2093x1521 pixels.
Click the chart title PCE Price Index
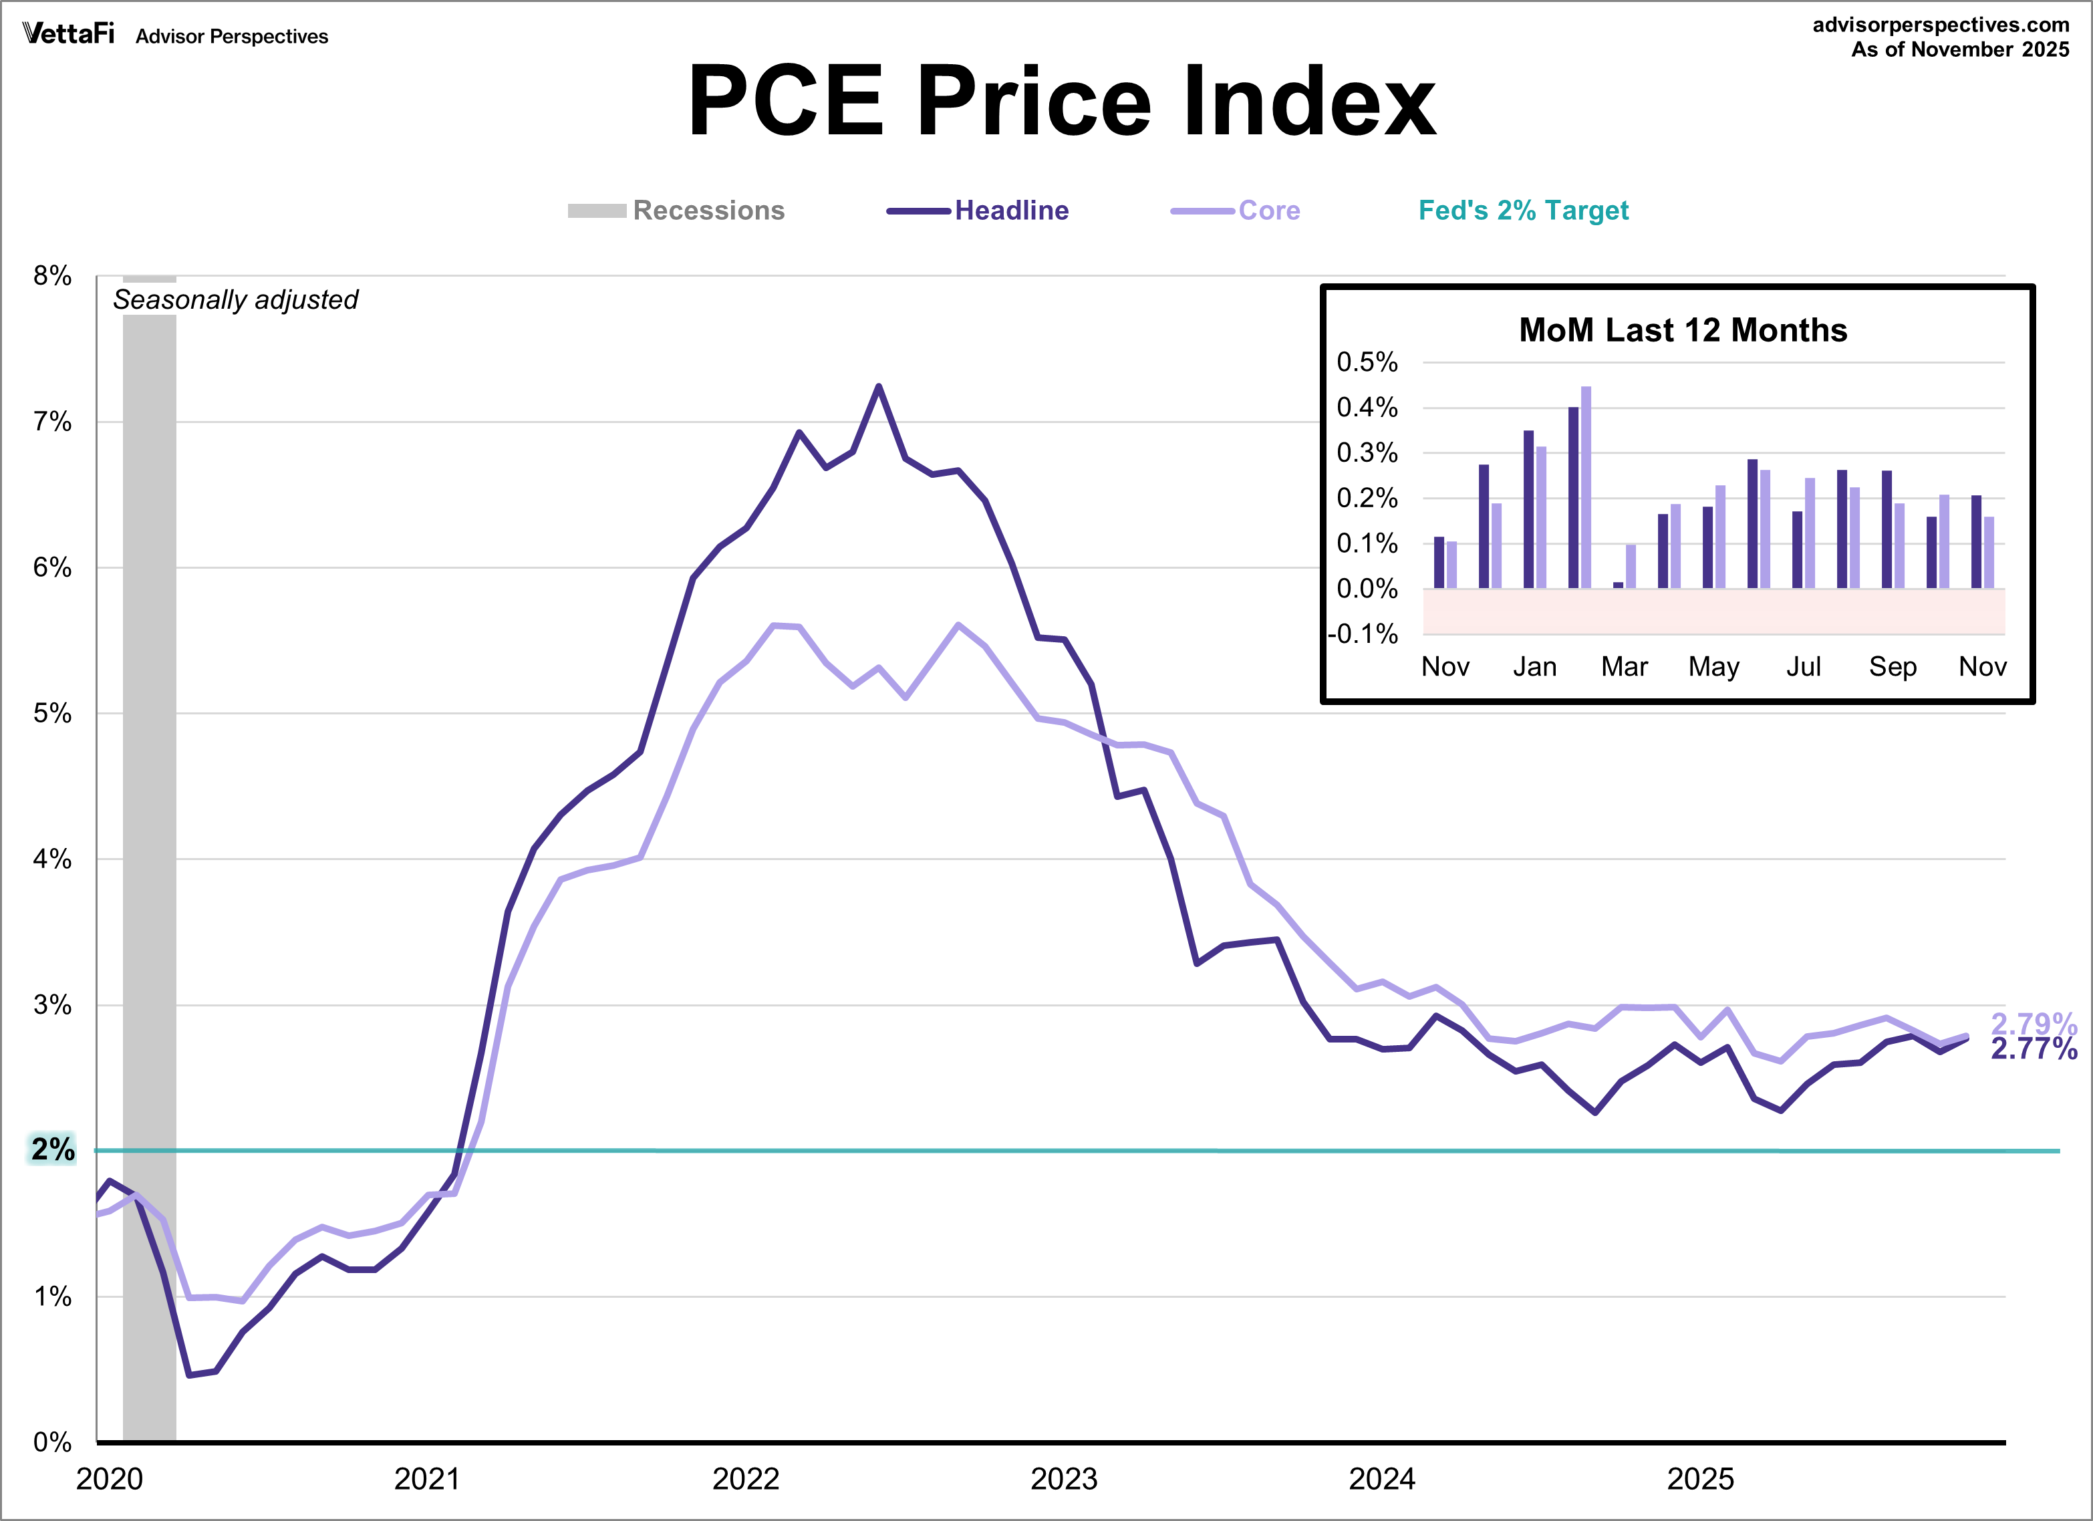1061,102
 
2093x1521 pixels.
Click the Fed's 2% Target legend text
1523,211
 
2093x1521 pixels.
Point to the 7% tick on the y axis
53,422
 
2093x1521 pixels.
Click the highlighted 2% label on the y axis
53,1149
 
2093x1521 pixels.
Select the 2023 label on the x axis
1063,1478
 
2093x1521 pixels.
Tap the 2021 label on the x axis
426,1478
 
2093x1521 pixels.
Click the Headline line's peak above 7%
879,387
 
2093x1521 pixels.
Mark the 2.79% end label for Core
2033,1022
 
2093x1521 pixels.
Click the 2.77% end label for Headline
2033,1049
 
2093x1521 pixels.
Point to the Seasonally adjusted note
235,300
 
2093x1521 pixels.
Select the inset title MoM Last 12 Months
1682,330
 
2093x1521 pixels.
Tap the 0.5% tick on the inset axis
1367,362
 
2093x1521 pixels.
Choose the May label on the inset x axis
1713,666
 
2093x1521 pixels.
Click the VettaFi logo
68,34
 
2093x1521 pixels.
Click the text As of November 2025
1959,50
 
